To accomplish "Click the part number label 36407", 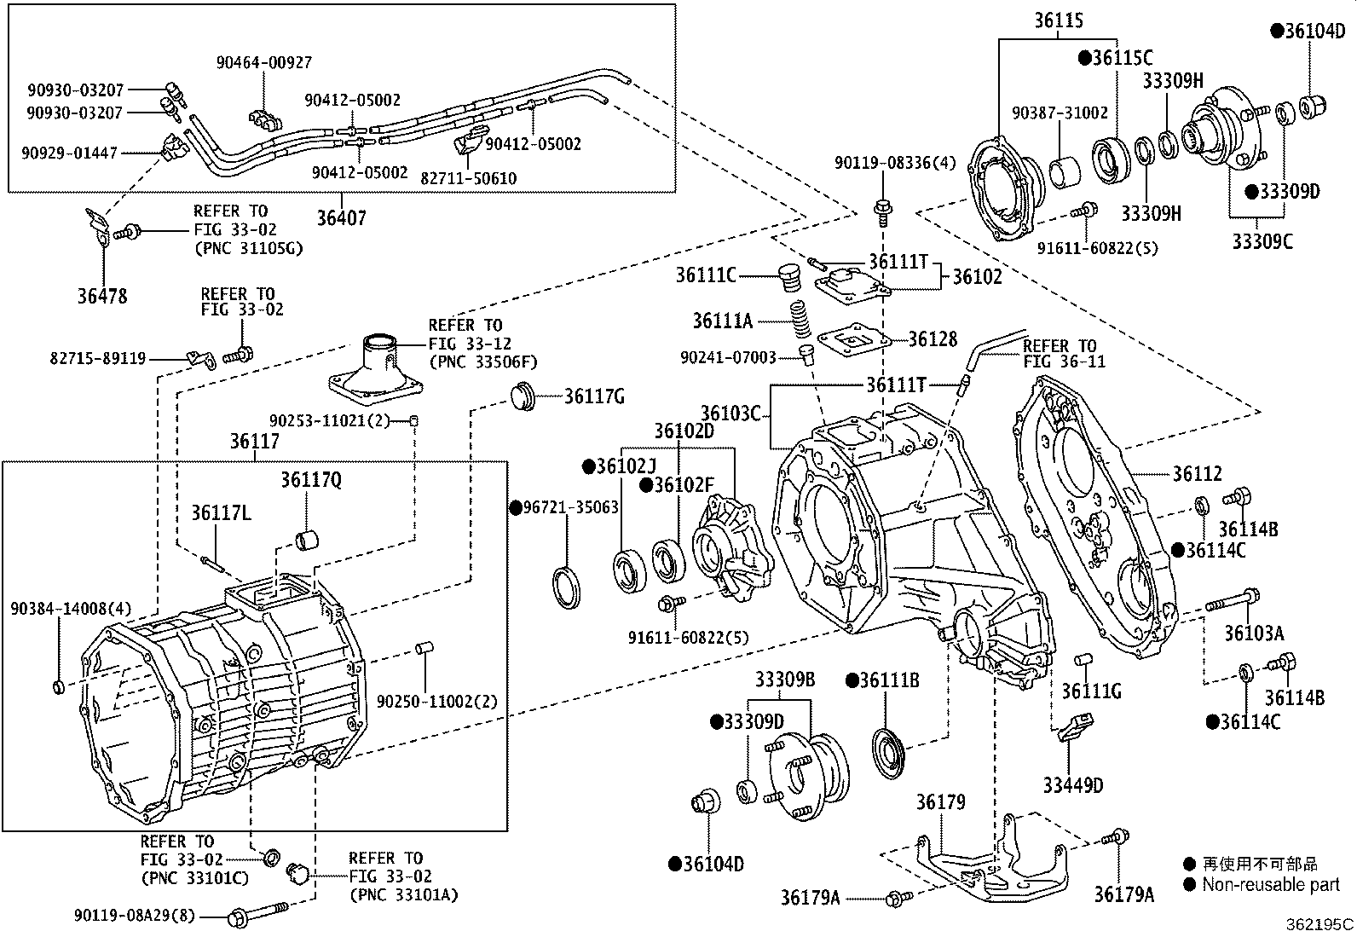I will pyautogui.click(x=341, y=218).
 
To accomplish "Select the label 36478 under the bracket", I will pyautogui.click(x=101, y=296).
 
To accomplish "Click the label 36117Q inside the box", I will pyautogui.click(x=311, y=481).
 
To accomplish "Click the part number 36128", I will pyautogui.click(x=933, y=339).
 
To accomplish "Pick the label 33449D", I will pyautogui.click(x=1072, y=784).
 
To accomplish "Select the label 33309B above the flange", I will pyautogui.click(x=784, y=680).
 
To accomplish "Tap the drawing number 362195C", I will pyautogui.click(x=1319, y=923).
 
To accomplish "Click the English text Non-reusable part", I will pyautogui.click(x=1270, y=885).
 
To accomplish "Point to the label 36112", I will pyautogui.click(x=1197, y=474).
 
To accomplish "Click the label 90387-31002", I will pyautogui.click(x=1060, y=113).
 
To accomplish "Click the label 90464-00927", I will pyautogui.click(x=263, y=62).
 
